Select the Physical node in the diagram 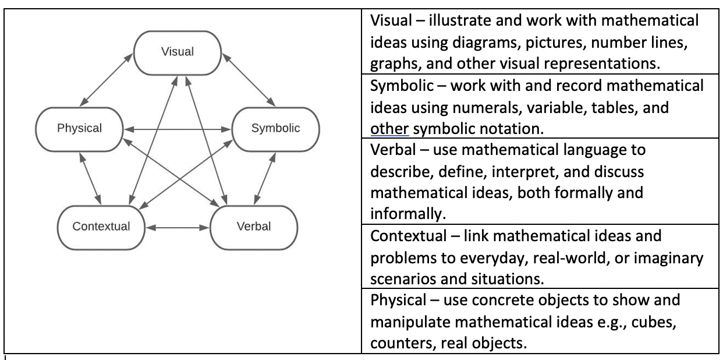click(x=79, y=129)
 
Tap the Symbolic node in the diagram click(x=275, y=129)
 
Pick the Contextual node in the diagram click(x=101, y=226)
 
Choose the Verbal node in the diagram click(x=254, y=226)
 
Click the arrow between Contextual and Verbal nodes click(x=177, y=227)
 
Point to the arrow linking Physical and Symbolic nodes click(x=178, y=129)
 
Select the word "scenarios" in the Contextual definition click(x=399, y=278)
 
